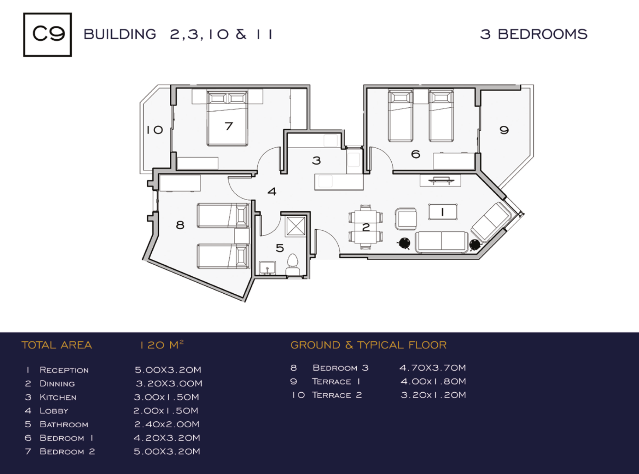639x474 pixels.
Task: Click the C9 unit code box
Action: pos(47,35)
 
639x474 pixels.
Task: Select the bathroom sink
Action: pos(267,268)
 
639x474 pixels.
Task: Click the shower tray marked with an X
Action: pos(296,226)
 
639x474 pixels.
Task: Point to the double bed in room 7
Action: pos(227,118)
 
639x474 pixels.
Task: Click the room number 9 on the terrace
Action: pos(504,130)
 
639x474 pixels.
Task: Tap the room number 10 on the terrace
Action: pos(155,130)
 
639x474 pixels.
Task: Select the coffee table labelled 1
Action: pos(443,212)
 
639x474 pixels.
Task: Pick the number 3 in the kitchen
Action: pos(317,160)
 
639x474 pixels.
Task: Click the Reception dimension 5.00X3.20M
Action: pos(168,369)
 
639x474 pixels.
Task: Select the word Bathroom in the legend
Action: pos(64,424)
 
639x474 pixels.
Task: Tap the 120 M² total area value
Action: pos(162,345)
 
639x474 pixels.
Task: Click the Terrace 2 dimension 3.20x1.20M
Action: pos(433,395)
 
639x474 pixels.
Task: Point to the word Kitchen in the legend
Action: pos(58,397)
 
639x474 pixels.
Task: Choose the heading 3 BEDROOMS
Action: pos(534,34)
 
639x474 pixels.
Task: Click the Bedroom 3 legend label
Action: pos(340,368)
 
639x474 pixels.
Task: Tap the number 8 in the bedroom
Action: pos(180,225)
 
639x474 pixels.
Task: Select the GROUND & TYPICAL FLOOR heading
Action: pos(368,345)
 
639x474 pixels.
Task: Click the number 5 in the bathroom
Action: pos(280,248)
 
